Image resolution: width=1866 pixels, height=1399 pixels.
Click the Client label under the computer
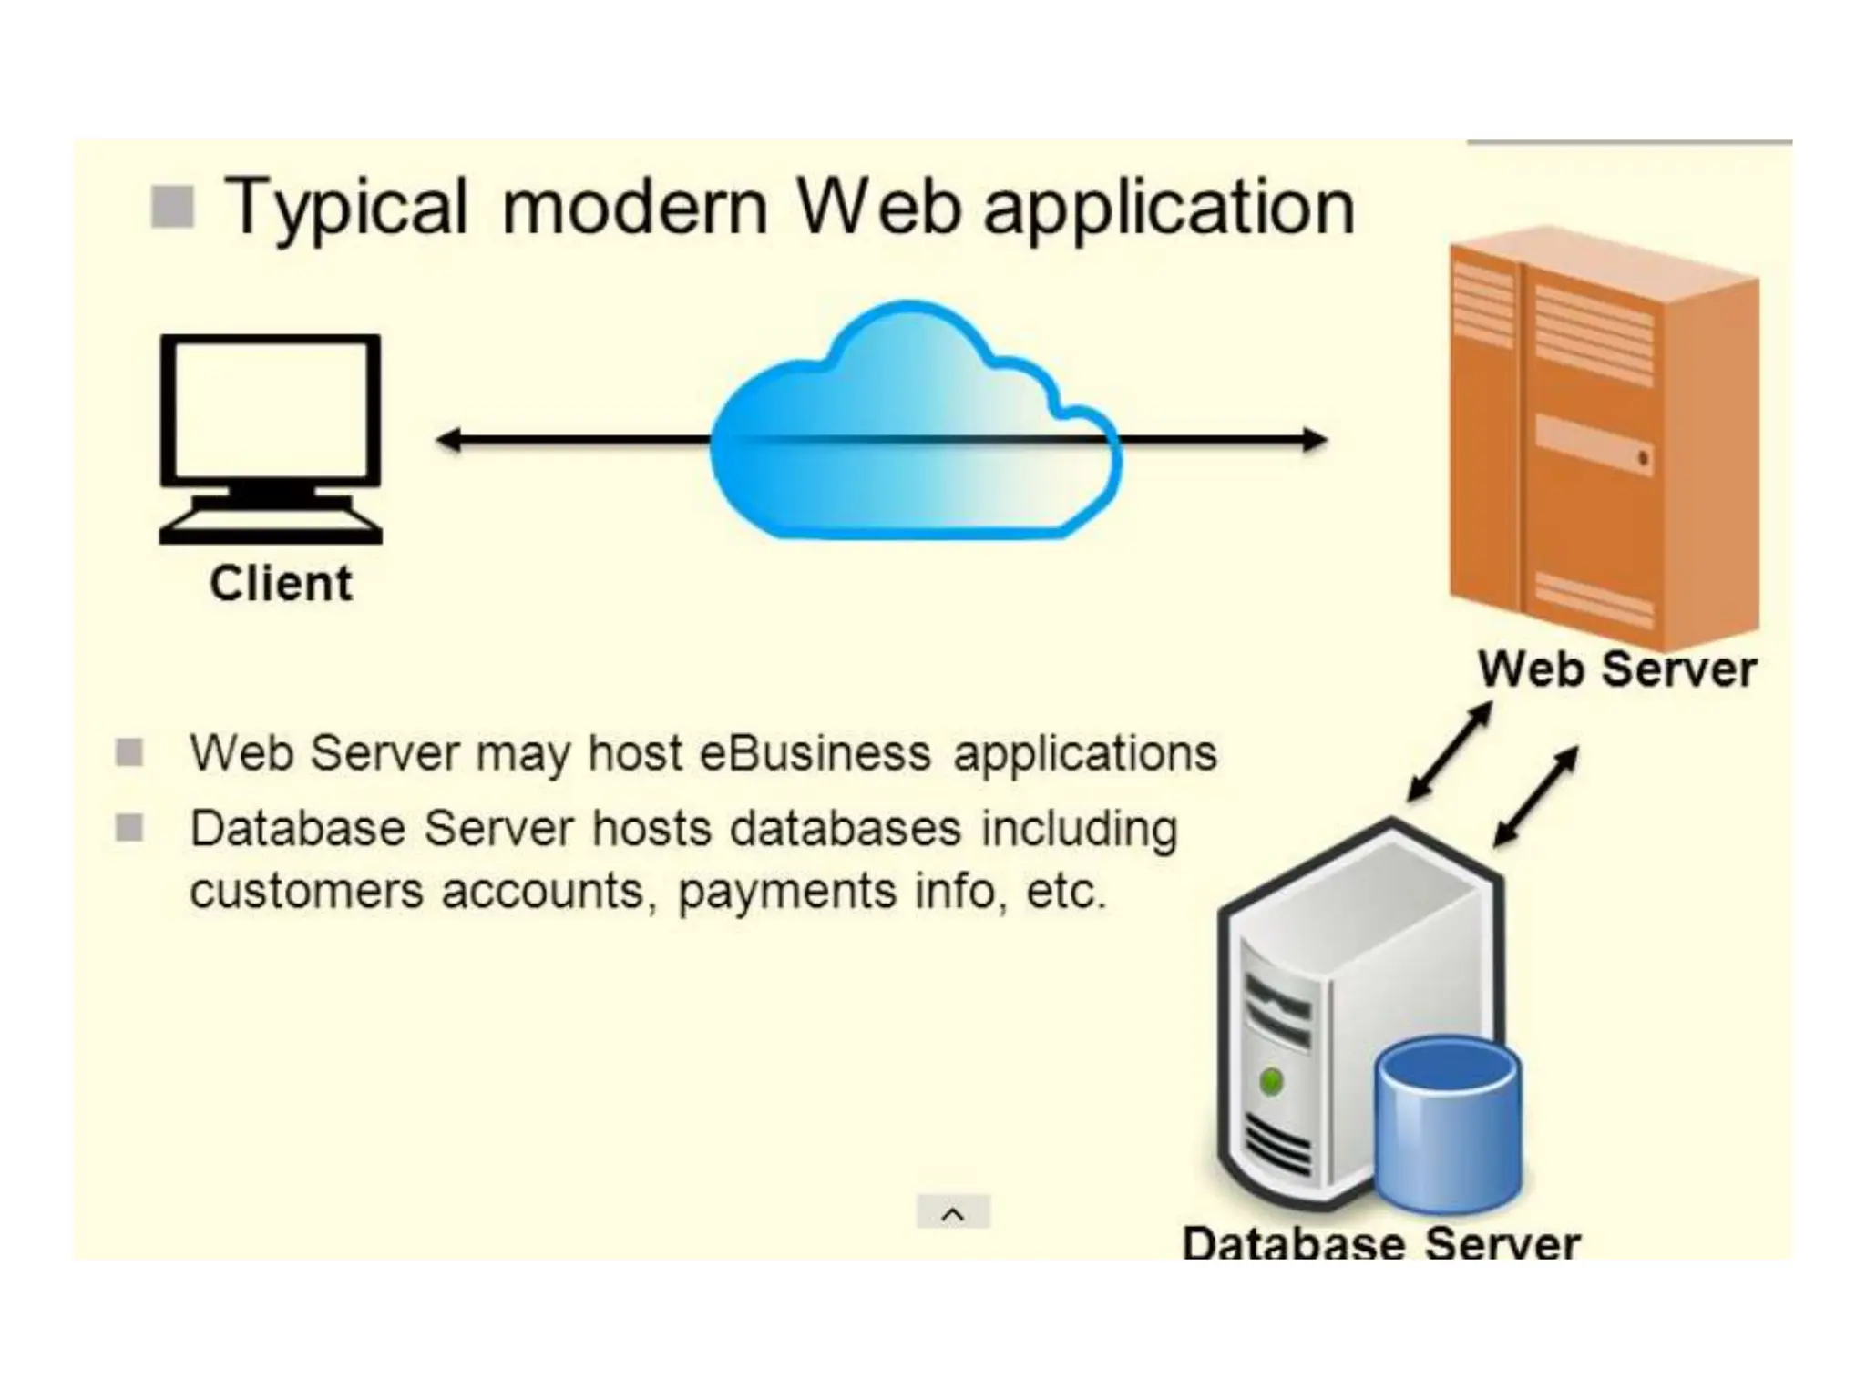[281, 584]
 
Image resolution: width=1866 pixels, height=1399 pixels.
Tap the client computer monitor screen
[271, 408]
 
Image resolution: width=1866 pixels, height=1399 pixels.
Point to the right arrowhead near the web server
[1314, 441]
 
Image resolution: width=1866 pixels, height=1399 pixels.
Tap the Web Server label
[1616, 669]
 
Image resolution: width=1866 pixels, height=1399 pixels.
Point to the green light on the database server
[1271, 1082]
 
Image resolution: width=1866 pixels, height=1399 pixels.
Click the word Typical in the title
[345, 208]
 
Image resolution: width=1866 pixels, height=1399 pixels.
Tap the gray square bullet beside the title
[172, 206]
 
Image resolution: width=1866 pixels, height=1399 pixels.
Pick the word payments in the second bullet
[786, 892]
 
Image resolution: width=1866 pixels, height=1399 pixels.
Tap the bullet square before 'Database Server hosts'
[129, 828]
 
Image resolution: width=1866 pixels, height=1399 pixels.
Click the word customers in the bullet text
[306, 892]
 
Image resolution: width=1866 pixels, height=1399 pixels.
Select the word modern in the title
[634, 208]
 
